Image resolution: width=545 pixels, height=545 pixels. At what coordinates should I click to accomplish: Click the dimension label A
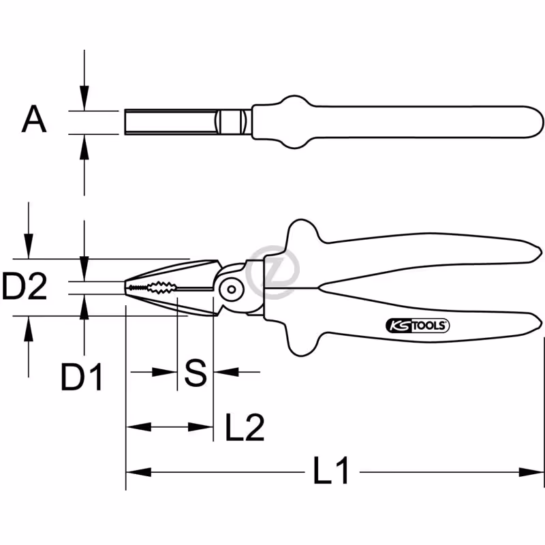pos(33,119)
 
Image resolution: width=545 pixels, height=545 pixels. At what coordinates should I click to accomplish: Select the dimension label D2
pos(25,286)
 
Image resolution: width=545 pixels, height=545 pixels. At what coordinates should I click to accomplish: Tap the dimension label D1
pos(82,377)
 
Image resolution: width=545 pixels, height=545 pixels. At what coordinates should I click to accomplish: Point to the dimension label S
pos(196,373)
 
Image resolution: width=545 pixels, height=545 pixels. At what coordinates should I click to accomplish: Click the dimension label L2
pos(245,427)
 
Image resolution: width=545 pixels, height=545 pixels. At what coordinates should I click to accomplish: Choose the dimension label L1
pos(331,471)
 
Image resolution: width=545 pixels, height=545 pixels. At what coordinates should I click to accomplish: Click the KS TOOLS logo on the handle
pos(418,326)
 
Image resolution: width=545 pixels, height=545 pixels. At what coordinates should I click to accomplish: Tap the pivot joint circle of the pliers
pos(232,289)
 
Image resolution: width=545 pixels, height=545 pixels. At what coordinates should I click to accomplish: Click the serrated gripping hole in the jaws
pos(162,287)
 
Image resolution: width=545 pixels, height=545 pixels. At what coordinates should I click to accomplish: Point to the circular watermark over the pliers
pos(272,272)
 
